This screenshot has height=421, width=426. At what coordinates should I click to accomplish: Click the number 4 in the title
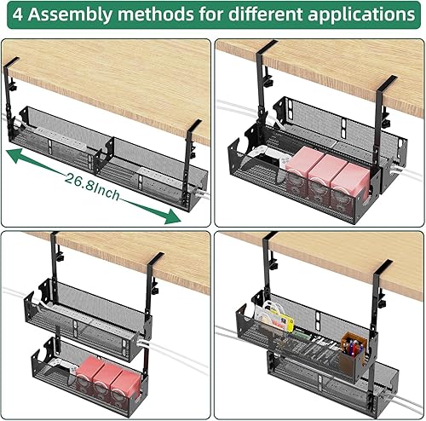click(17, 15)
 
